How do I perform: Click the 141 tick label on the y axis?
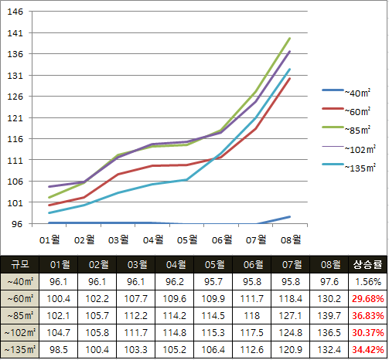click(15, 33)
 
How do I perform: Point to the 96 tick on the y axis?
click(17, 224)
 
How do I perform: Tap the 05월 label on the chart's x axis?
click(187, 239)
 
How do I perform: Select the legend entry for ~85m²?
click(346, 129)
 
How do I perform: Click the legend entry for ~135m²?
click(349, 167)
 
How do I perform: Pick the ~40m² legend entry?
click(346, 92)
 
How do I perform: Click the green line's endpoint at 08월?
click(290, 39)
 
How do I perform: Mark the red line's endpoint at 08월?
click(290, 78)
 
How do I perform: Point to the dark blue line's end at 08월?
click(290, 217)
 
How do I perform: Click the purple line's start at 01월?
click(49, 186)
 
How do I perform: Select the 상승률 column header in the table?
click(367, 264)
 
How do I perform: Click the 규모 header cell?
click(20, 264)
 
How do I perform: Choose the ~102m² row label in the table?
click(20, 333)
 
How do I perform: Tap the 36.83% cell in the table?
click(367, 316)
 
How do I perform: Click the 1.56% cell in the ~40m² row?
click(367, 282)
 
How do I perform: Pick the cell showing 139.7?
click(329, 316)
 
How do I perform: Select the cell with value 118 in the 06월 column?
click(251, 316)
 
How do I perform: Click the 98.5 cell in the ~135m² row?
click(59, 350)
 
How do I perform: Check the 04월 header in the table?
click(176, 264)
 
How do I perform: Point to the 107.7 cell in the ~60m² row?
click(136, 299)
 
